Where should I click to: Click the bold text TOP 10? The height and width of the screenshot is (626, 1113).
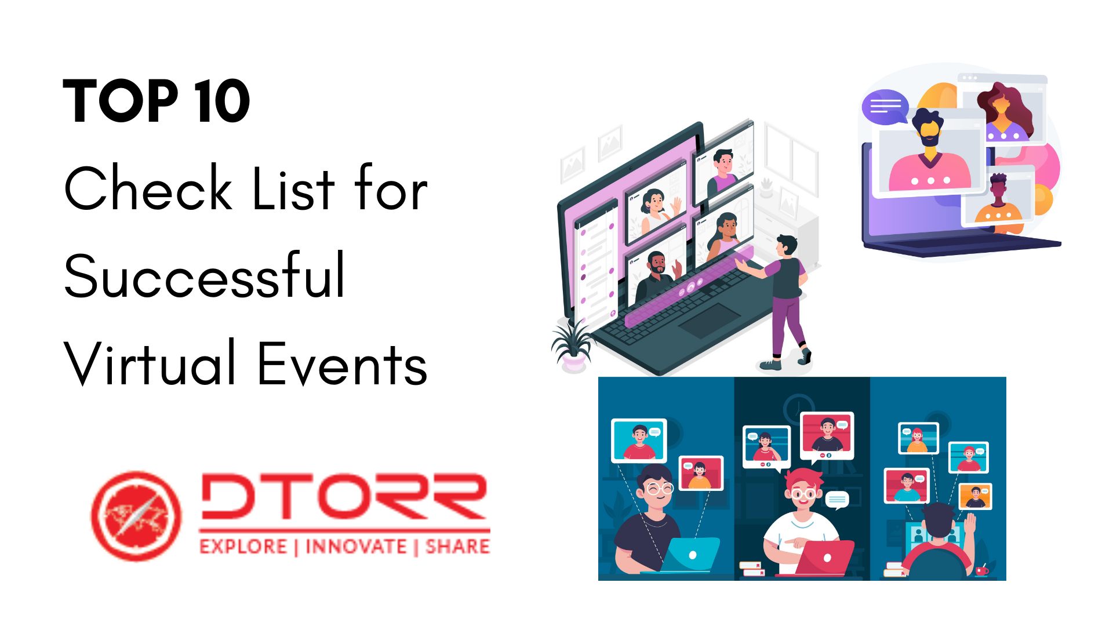pyautogui.click(x=157, y=101)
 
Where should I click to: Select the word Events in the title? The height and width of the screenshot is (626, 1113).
pyautogui.click(x=342, y=364)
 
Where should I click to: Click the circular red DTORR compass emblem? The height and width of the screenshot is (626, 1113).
pyautogui.click(x=137, y=515)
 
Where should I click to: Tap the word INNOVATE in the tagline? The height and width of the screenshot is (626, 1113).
pyautogui.click(x=356, y=547)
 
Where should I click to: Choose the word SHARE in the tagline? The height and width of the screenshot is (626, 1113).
pyautogui.click(x=458, y=547)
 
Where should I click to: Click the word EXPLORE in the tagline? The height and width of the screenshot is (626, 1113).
pyautogui.click(x=243, y=547)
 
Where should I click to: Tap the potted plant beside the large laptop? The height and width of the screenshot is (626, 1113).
pyautogui.click(x=573, y=346)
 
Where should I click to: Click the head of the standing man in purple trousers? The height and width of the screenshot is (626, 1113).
pyautogui.click(x=787, y=245)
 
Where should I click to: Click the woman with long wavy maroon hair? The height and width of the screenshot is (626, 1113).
pyautogui.click(x=1005, y=113)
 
